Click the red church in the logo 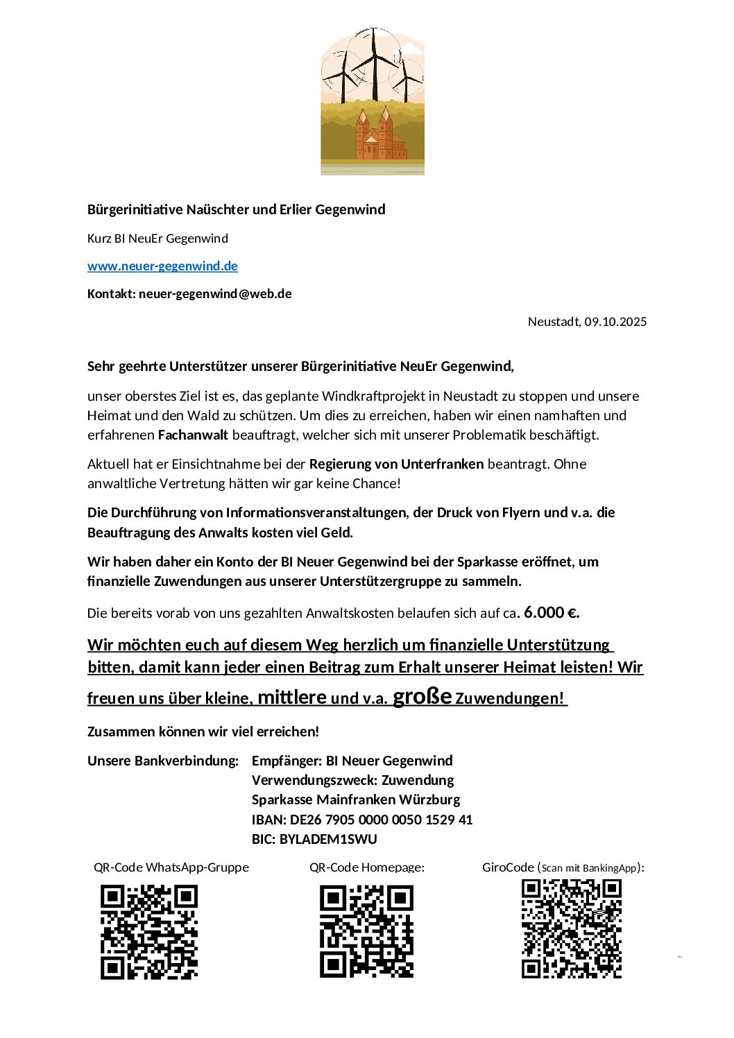click(379, 137)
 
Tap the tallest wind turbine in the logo click(374, 59)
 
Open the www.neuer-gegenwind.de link click(162, 266)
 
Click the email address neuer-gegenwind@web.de click(215, 294)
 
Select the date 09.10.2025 click(615, 322)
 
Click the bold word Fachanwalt click(194, 435)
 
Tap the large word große click(423, 696)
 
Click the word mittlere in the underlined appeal click(292, 698)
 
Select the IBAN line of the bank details click(362, 820)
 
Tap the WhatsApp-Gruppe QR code click(149, 931)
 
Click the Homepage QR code click(366, 931)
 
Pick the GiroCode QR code click(571, 928)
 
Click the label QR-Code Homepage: click(367, 867)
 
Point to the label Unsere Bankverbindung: click(163, 761)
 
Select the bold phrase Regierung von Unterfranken click(396, 465)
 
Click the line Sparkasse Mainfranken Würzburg click(356, 800)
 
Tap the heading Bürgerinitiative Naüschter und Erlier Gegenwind click(236, 210)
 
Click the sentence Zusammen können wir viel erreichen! click(203, 732)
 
